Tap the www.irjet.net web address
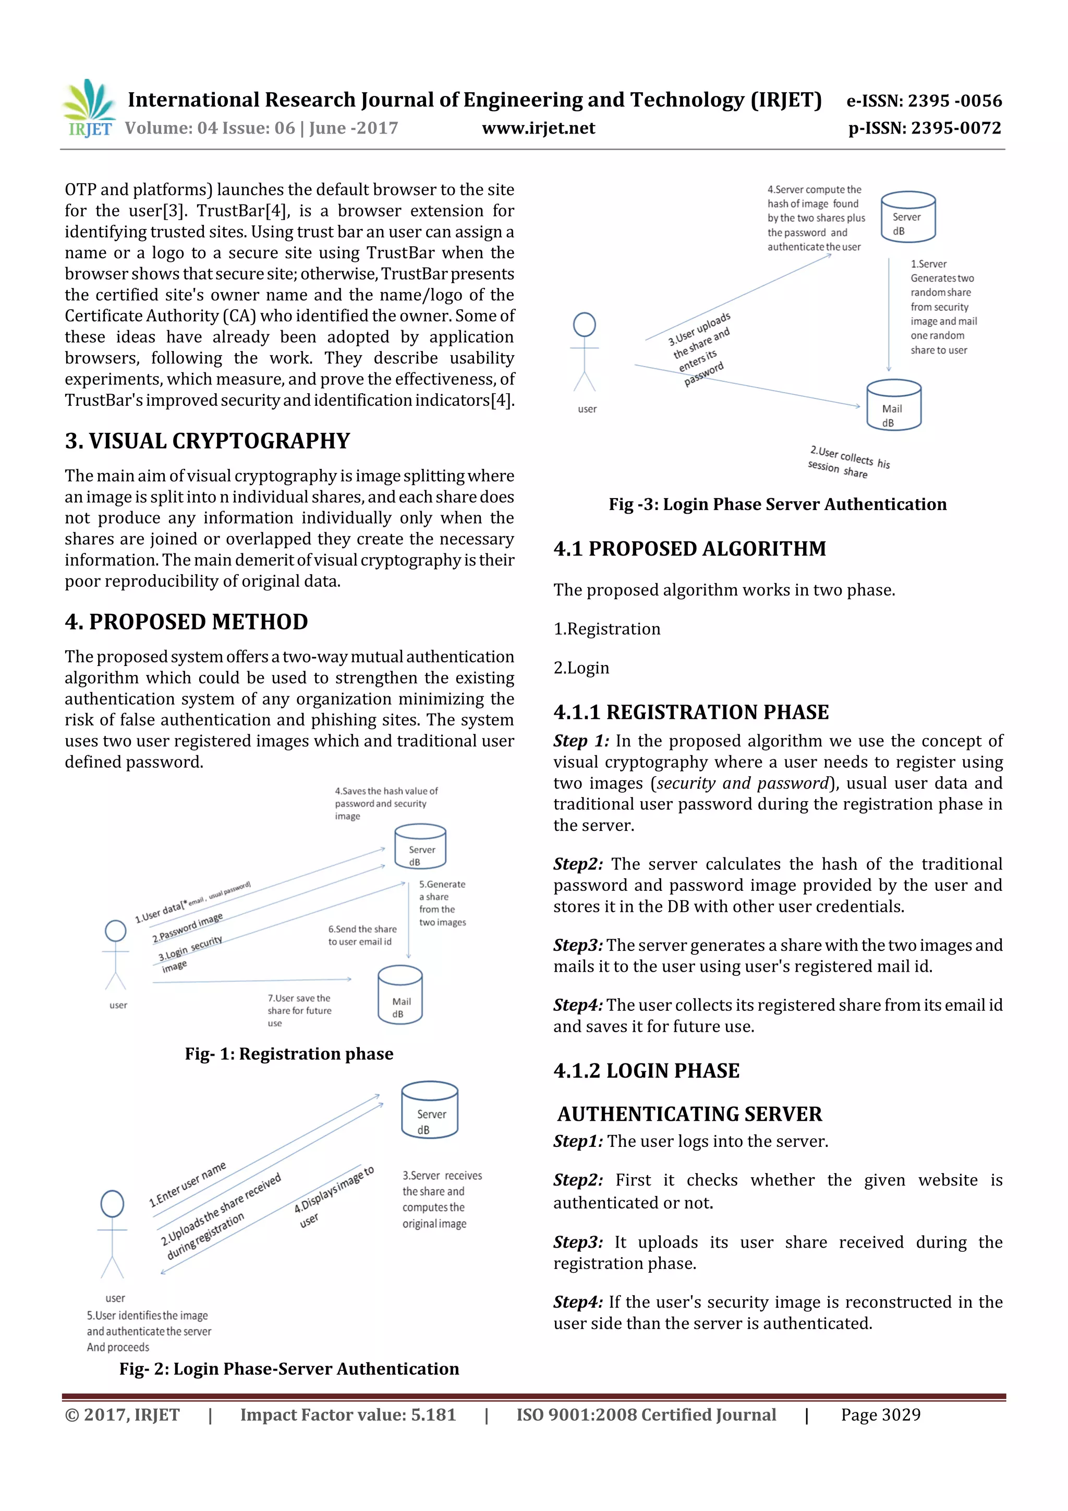tap(538, 128)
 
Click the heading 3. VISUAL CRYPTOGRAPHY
tap(207, 441)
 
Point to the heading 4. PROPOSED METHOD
tap(186, 622)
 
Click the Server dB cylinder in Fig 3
tap(907, 217)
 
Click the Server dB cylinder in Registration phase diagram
tap(420, 847)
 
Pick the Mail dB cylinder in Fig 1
tap(400, 995)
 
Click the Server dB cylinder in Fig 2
tap(430, 1110)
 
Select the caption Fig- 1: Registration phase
tap(289, 1054)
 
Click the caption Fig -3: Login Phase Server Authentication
tap(777, 504)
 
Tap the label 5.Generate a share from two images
tap(442, 903)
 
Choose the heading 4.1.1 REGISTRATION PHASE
tap(691, 712)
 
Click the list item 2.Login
tap(581, 668)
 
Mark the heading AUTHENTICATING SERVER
tap(689, 1114)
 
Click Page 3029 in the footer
tap(880, 1415)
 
